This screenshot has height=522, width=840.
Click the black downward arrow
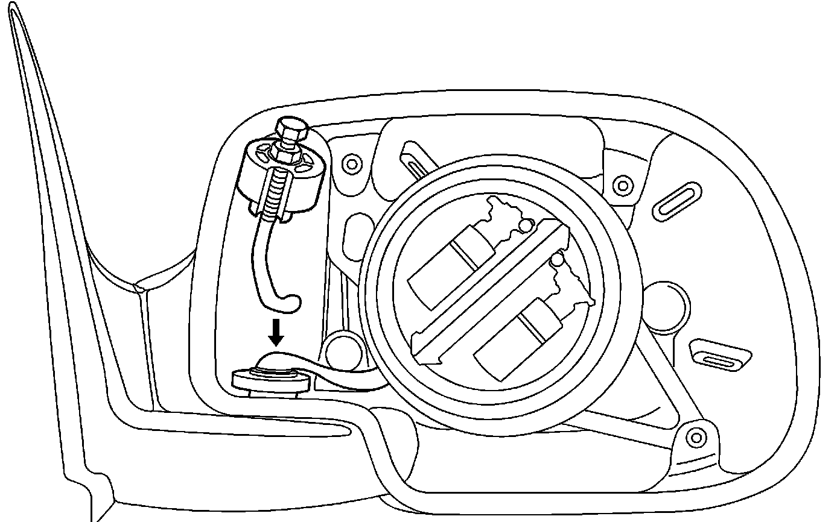click(x=276, y=332)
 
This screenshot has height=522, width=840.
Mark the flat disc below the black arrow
click(x=272, y=380)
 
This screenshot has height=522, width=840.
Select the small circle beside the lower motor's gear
click(x=558, y=260)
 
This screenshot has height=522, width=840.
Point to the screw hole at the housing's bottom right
click(x=696, y=436)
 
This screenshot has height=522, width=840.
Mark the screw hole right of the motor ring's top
click(x=622, y=185)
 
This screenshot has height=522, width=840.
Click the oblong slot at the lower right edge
click(x=719, y=359)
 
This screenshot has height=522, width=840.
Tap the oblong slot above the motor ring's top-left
click(x=421, y=159)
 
